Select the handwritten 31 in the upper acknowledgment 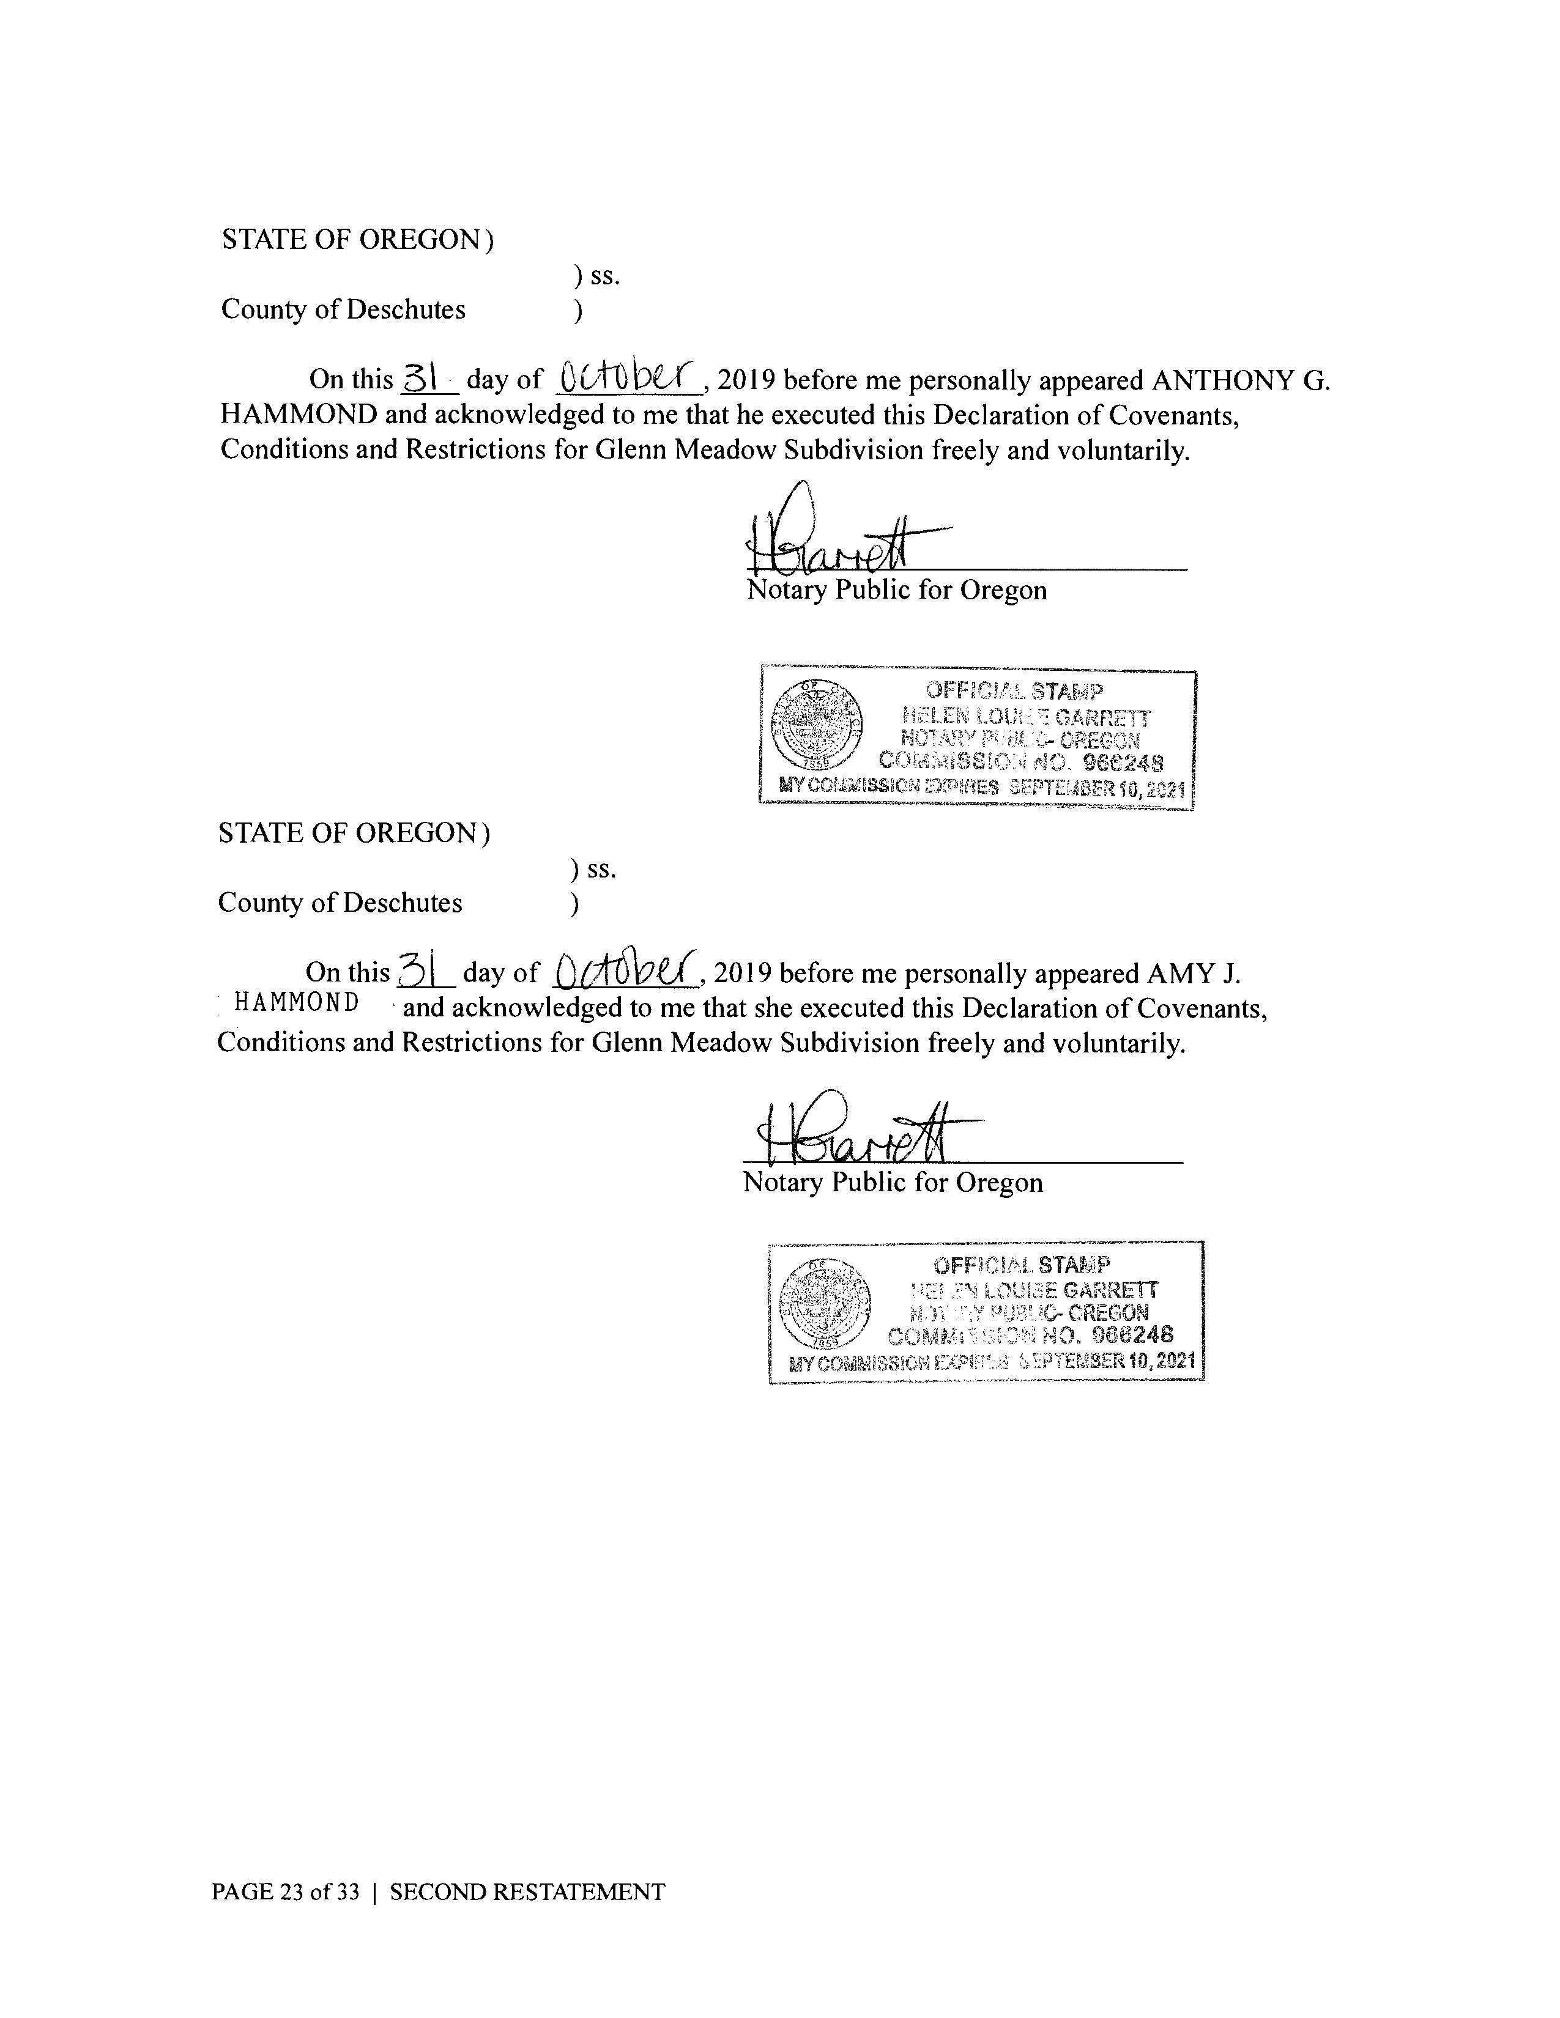coord(420,377)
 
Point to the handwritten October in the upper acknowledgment coord(626,376)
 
